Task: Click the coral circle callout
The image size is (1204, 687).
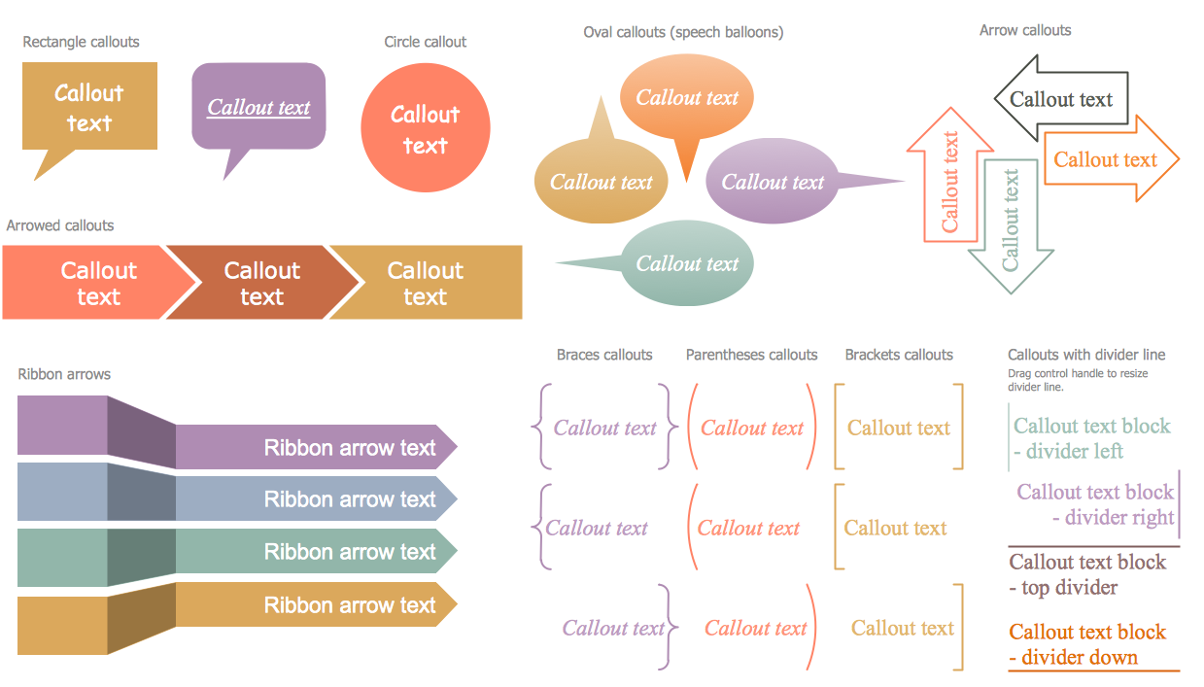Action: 425,129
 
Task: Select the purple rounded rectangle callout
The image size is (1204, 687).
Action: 258,107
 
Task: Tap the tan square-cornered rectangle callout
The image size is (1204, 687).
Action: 89,107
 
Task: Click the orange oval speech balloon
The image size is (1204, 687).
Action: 687,97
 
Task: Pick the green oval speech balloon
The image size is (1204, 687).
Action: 687,263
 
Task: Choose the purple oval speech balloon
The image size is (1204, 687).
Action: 772,182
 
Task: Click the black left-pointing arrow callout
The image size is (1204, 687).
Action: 1061,99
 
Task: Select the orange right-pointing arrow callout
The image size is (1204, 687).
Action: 1106,160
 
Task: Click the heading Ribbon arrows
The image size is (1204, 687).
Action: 64,374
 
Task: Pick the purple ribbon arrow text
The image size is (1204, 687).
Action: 350,448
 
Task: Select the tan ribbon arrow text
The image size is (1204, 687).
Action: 350,605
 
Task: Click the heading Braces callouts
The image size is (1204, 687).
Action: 604,355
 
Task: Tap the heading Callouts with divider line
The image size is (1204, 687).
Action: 1086,355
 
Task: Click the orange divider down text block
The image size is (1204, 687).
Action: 1087,644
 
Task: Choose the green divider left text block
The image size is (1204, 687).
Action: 1091,438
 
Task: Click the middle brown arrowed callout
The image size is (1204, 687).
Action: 262,283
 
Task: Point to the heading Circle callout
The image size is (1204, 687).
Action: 426,42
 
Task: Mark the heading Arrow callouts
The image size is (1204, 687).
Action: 1025,30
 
